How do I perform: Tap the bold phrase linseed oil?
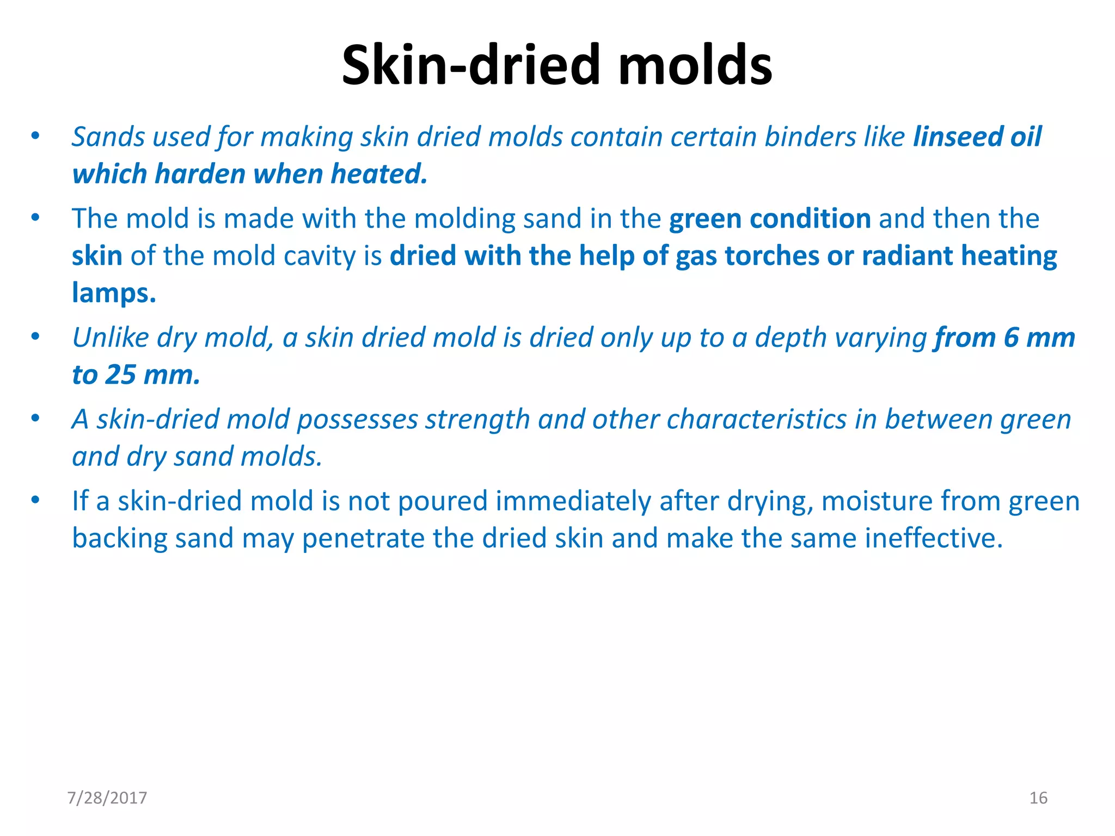pyautogui.click(x=977, y=137)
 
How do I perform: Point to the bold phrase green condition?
pyautogui.click(x=770, y=219)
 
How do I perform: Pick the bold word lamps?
pyautogui.click(x=114, y=293)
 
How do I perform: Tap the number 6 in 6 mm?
pyautogui.click(x=1011, y=337)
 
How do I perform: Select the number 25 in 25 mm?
pyautogui.click(x=120, y=375)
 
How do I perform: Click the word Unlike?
pyautogui.click(x=111, y=337)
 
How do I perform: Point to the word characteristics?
pyautogui.click(x=756, y=420)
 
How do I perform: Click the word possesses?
pyautogui.click(x=357, y=420)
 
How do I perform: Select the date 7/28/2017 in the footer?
pyautogui.click(x=107, y=798)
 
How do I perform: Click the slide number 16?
pyautogui.click(x=1038, y=798)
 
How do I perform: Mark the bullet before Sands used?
pyautogui.click(x=35, y=136)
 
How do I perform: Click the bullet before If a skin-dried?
pyautogui.click(x=35, y=501)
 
